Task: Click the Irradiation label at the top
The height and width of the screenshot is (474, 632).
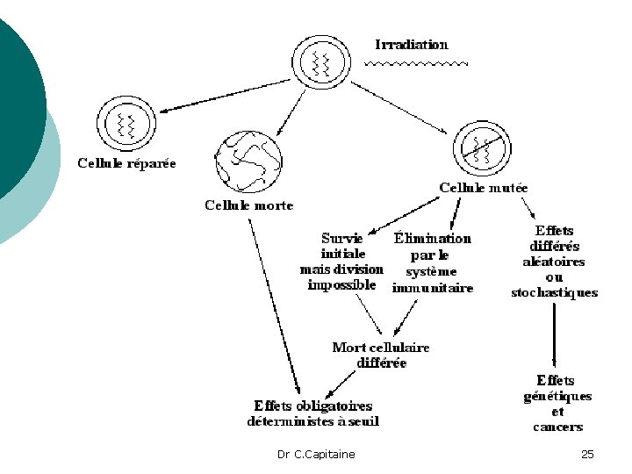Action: (411, 44)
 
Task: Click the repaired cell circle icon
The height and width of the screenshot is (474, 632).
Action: (126, 124)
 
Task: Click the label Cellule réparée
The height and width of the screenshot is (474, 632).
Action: (126, 163)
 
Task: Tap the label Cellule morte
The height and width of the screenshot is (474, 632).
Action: (248, 205)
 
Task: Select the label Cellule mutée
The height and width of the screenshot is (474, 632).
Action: (483, 188)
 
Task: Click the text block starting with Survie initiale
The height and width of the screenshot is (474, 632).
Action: (341, 261)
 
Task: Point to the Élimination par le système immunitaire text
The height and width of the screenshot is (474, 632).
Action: (432, 262)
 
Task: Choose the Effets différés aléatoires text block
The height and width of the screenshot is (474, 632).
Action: (554, 262)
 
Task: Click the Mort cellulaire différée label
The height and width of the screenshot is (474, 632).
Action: (381, 355)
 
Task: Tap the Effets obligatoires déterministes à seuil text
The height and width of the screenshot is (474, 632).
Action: (312, 413)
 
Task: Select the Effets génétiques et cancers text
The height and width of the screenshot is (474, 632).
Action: (557, 403)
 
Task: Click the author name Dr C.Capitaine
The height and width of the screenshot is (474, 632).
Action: (316, 454)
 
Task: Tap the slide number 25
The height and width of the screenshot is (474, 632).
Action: (587, 454)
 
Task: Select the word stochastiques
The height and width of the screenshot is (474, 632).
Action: (554, 293)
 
